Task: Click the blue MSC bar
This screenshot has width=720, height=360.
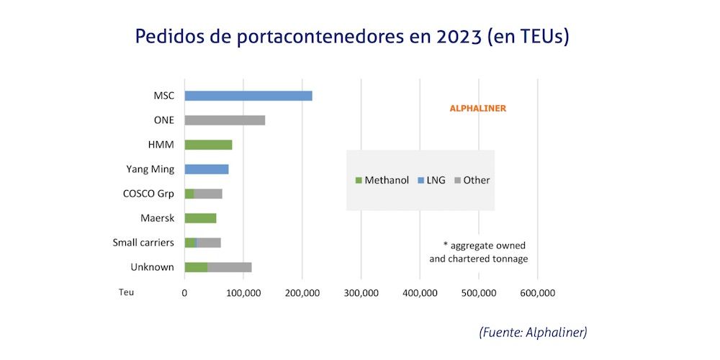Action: coord(248,96)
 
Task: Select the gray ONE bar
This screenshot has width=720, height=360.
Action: coord(225,120)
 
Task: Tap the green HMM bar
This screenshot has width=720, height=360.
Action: coord(208,145)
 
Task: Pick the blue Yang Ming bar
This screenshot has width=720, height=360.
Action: coord(207,169)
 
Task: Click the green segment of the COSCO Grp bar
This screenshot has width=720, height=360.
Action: coord(189,194)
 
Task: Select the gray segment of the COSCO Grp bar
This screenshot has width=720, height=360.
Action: coord(208,194)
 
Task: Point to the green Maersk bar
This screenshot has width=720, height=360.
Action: coord(200,218)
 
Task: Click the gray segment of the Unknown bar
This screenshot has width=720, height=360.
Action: coord(230,267)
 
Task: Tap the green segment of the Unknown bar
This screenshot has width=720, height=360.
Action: coord(196,267)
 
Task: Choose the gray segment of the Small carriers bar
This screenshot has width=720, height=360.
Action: coord(209,243)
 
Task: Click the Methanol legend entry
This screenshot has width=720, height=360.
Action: coord(382,180)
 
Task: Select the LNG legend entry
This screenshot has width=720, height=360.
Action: coord(431,180)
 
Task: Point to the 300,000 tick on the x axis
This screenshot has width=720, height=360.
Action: coord(361,293)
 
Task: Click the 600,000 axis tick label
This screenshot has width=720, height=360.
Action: coord(537,293)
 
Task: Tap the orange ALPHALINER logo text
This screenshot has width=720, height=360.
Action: coord(477,109)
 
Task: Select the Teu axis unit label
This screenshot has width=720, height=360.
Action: coord(127,293)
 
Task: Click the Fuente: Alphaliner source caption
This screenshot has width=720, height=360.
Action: coord(533,332)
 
